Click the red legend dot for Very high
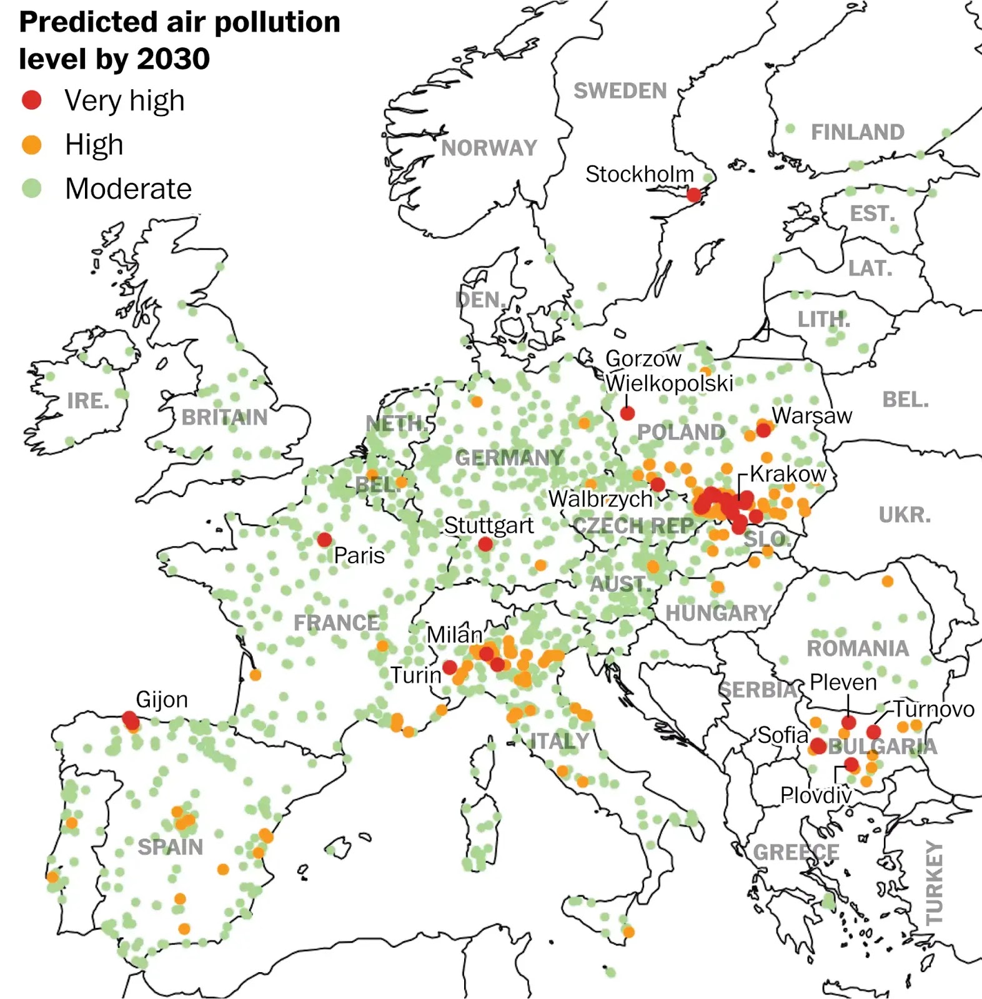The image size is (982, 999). [x=31, y=100]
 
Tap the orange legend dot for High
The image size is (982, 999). [x=31, y=145]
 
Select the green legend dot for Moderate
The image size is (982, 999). [x=31, y=188]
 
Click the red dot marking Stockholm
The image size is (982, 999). [x=694, y=195]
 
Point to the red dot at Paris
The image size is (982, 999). [x=324, y=539]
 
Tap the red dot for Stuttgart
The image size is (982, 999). [x=485, y=544]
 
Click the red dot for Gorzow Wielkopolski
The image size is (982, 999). [x=628, y=413]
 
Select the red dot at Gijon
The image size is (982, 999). [x=130, y=720]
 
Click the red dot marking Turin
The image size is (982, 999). [x=449, y=667]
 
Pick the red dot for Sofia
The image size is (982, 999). [x=818, y=746]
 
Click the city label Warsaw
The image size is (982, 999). [x=811, y=415]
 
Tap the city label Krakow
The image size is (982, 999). [x=788, y=473]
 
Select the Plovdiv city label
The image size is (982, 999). [x=816, y=795]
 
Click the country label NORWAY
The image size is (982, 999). [x=489, y=148]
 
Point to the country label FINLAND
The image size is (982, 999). [x=857, y=132]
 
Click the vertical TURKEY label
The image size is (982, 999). [x=934, y=882]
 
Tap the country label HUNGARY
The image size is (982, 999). [x=718, y=613]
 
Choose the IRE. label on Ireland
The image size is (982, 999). [x=88, y=400]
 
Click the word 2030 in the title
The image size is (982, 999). [x=173, y=59]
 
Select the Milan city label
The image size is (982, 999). [x=454, y=634]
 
